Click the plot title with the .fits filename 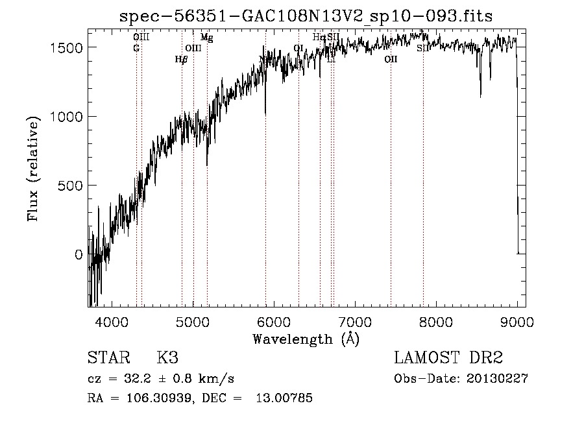tap(306, 17)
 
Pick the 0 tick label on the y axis tap(79, 254)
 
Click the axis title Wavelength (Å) tap(306, 339)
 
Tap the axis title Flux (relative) tap(33, 167)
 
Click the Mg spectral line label tap(206, 38)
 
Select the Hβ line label tap(181, 59)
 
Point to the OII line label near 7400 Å tap(391, 59)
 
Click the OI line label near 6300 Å tap(298, 48)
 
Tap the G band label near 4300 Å tap(136, 48)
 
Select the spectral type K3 tap(167, 359)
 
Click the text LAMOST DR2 tap(448, 359)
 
